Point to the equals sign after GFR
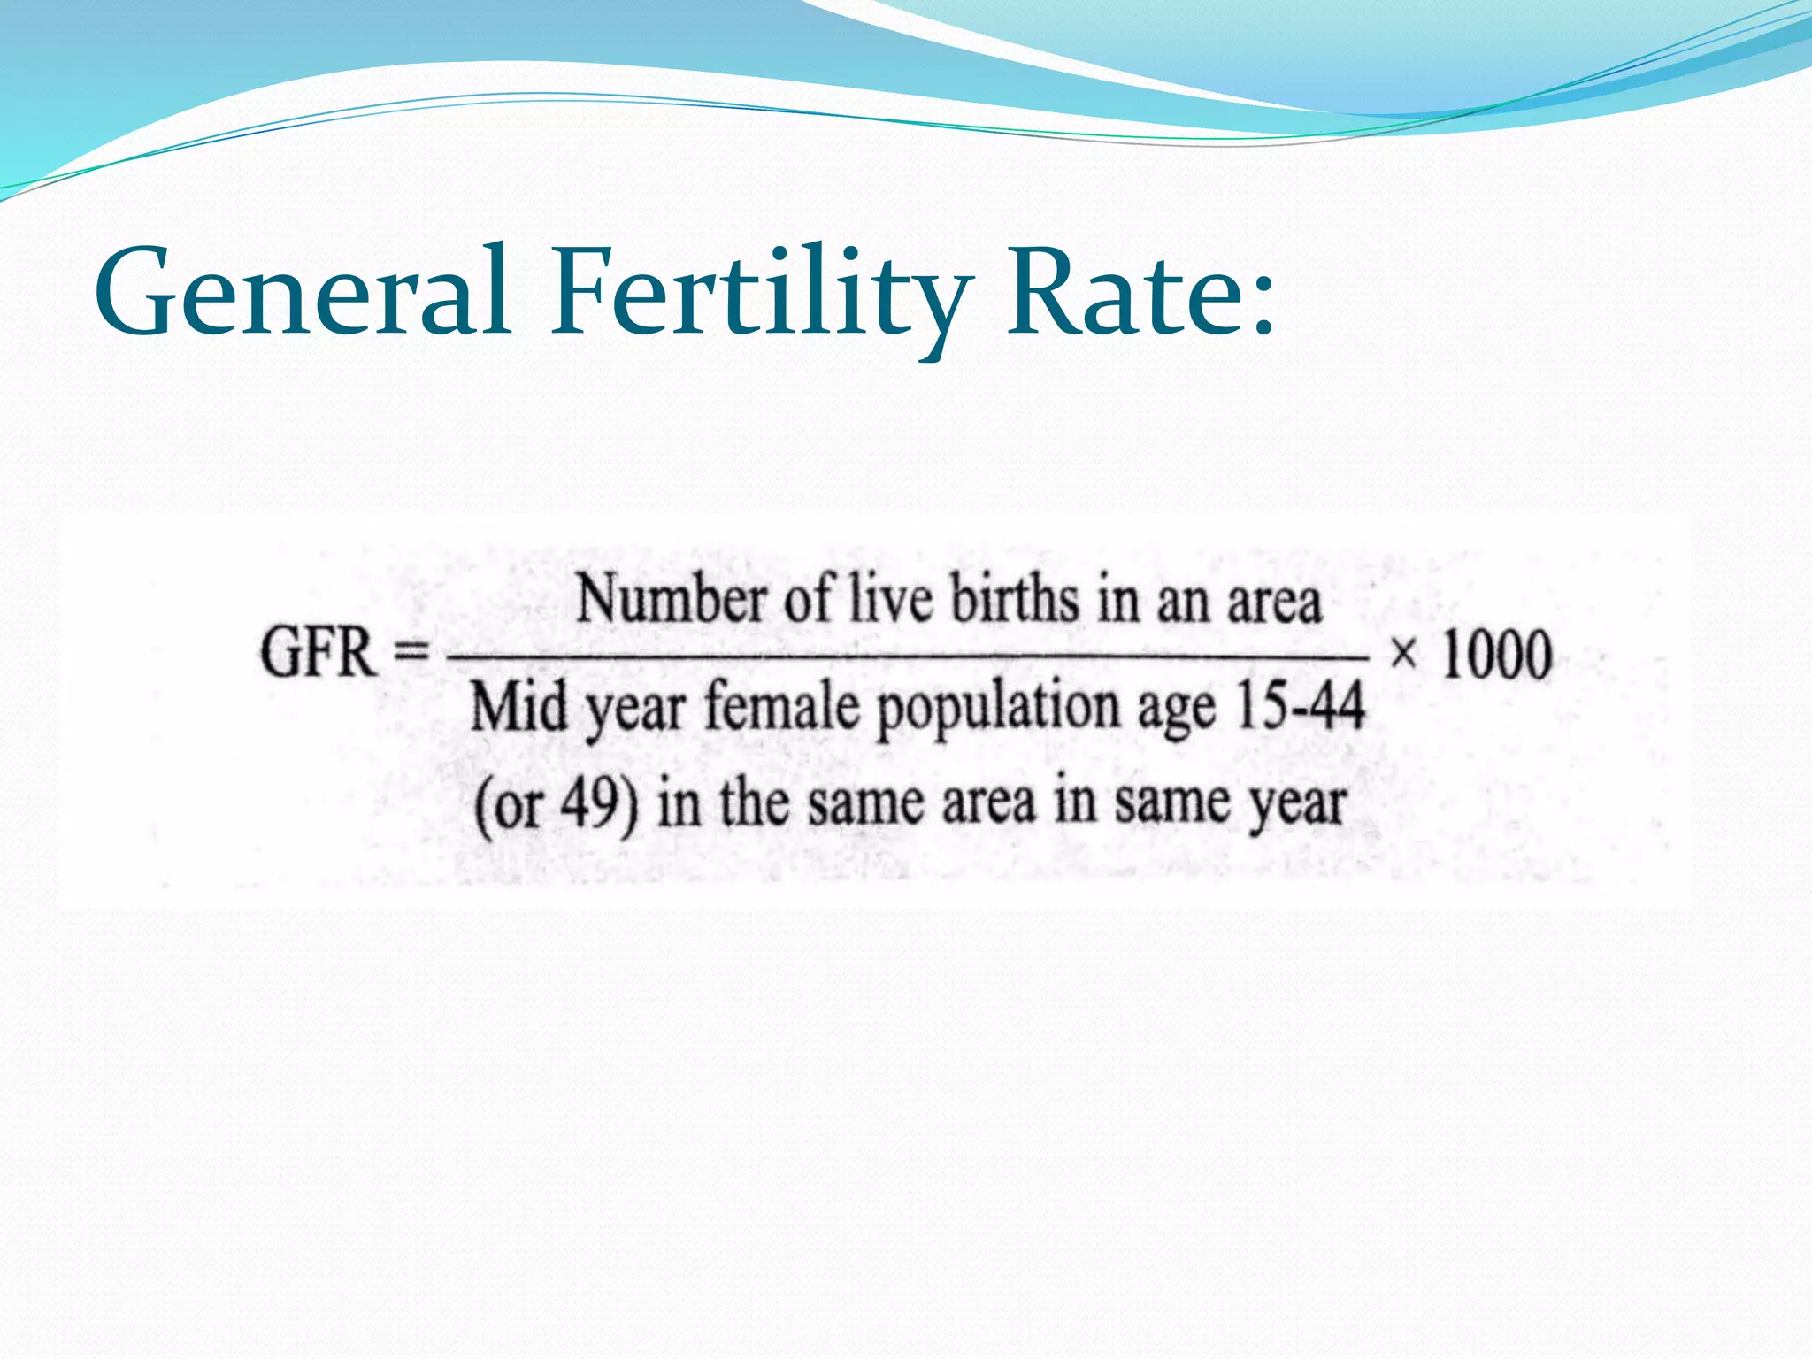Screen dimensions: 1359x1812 (410, 655)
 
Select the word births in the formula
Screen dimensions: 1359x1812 (1015, 599)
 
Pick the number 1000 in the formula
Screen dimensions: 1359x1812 (1497, 655)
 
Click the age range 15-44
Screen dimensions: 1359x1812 (1299, 706)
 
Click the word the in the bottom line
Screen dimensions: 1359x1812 (754, 803)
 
